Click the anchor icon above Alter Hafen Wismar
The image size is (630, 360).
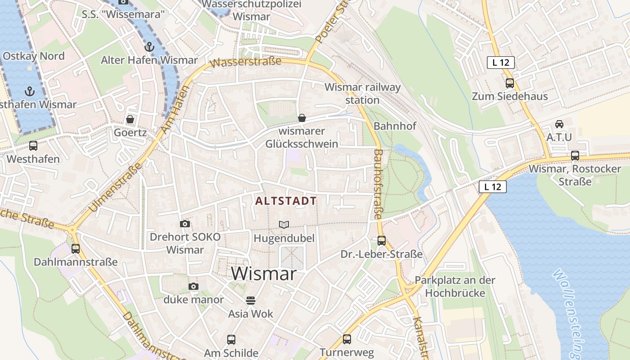149,46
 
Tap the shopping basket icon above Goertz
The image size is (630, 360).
130,119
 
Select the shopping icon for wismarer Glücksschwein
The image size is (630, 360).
302,118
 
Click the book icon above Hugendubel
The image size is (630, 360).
284,224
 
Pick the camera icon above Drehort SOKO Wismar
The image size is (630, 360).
184,224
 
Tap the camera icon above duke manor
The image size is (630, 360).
193,286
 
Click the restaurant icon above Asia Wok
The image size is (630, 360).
251,300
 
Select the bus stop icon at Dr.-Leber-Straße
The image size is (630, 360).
382,241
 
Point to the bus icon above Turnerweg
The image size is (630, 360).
346,339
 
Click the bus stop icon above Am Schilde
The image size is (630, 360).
231,340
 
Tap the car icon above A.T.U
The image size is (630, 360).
559,124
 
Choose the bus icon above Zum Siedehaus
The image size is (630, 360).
509,83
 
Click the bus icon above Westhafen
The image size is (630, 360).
33,146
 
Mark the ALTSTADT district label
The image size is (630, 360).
286,201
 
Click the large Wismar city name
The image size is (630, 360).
264,273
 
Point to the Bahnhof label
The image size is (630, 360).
395,126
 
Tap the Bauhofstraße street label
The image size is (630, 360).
378,184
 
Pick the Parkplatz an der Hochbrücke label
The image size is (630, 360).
455,287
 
